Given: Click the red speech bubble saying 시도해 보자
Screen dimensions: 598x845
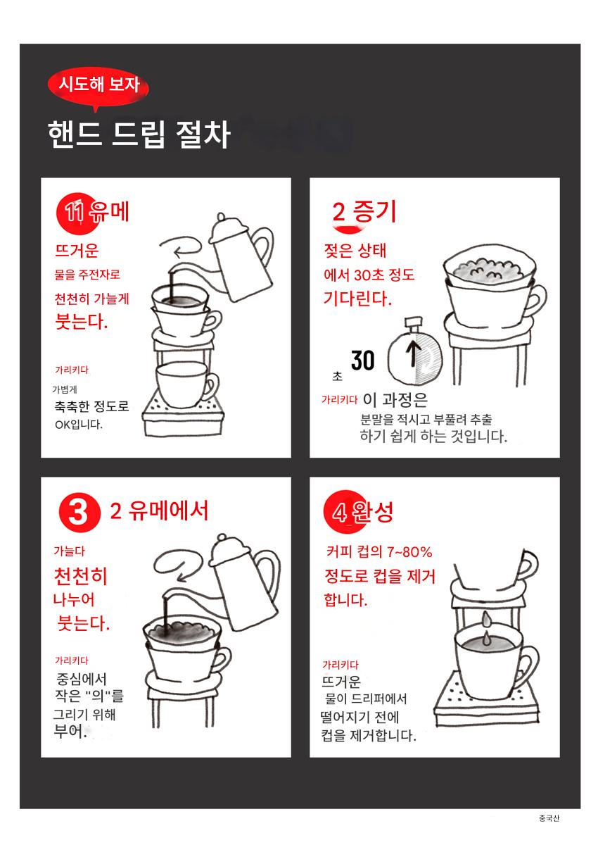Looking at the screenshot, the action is click(x=98, y=87).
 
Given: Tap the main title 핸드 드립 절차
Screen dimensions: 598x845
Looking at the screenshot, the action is click(x=139, y=134).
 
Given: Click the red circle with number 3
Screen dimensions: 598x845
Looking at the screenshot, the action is click(x=79, y=513).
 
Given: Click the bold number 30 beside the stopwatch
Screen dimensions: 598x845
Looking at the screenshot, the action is click(x=362, y=361).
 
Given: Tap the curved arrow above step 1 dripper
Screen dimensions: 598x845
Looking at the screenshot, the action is click(x=181, y=246).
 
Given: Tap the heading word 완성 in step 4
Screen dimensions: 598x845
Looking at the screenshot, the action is click(x=373, y=512).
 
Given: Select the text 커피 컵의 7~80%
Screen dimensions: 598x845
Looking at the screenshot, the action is click(x=379, y=552).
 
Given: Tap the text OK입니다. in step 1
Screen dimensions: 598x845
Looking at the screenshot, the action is click(x=79, y=425).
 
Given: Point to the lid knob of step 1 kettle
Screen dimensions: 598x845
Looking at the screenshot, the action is click(x=221, y=217).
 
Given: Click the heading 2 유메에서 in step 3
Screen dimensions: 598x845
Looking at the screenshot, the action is click(x=159, y=511).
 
